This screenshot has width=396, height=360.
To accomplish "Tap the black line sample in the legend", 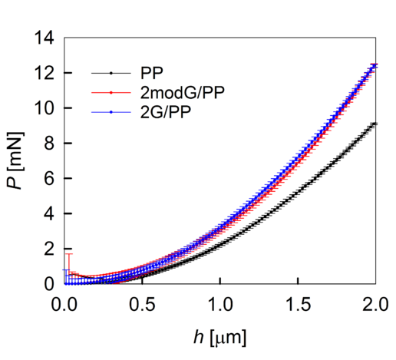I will pyautogui.click(x=111, y=74).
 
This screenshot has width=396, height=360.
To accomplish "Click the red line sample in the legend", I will pyautogui.click(x=111, y=93).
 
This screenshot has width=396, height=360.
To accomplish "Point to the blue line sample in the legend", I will pyautogui.click(x=111, y=112).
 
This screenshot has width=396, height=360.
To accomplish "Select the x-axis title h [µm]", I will pyautogui.click(x=219, y=337).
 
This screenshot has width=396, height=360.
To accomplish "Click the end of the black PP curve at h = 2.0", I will pyautogui.click(x=374, y=124).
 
